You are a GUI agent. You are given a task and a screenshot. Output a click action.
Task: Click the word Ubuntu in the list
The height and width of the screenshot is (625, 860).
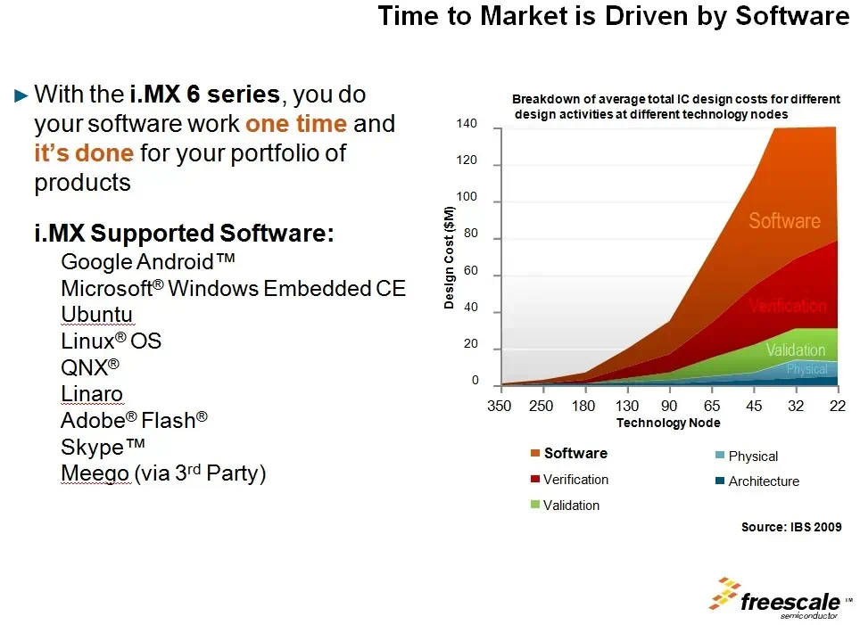96,315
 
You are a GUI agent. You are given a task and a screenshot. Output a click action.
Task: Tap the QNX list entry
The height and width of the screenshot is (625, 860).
89,367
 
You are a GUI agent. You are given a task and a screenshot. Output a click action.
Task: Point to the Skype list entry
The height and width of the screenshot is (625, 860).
103,447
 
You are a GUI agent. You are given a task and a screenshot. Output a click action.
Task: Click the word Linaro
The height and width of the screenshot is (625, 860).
92,394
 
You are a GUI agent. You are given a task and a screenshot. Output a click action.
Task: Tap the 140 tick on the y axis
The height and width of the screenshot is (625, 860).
468,124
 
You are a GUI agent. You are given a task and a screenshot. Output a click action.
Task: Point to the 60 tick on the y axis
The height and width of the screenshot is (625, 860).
471,271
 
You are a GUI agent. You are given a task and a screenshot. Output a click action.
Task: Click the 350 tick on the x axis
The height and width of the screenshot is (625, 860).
499,407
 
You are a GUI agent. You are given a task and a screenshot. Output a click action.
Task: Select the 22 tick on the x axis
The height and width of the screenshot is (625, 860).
838,407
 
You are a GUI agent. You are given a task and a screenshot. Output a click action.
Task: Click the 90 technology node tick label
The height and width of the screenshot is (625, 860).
668,407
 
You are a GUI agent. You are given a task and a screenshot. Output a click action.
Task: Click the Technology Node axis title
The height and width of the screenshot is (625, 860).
668,423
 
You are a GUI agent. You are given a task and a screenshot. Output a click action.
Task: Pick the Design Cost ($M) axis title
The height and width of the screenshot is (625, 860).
450,258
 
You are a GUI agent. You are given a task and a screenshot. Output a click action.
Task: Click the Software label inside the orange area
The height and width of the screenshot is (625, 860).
783,221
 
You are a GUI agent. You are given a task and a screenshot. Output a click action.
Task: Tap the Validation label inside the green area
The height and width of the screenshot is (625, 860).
795,350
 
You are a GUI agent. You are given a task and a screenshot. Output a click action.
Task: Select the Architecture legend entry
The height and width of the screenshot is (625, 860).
763,481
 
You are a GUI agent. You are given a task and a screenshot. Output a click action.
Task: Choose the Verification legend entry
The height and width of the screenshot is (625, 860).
575,480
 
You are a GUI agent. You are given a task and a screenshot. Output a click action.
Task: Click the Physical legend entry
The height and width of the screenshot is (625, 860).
752,456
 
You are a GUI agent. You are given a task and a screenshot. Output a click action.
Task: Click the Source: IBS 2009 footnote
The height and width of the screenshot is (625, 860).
790,527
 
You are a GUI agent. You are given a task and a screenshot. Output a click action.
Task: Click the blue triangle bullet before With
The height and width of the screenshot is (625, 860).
22,95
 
